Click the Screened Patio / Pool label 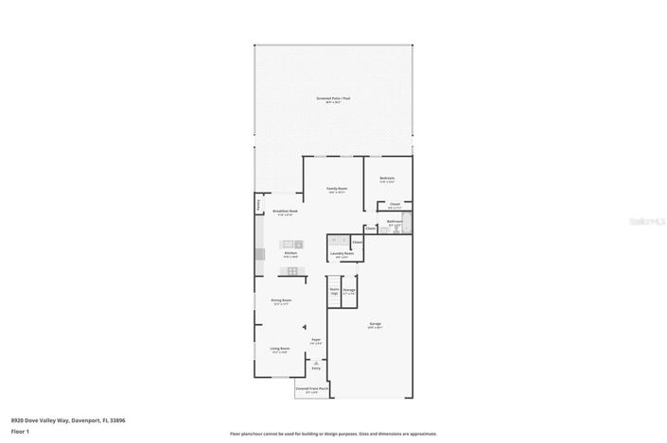pos(333,99)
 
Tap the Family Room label pos(338,189)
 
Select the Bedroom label pos(387,179)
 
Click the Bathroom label pos(395,222)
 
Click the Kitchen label pos(291,253)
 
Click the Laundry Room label pos(342,253)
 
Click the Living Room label pos(279,349)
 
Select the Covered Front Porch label pos(311,388)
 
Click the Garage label pos(375,325)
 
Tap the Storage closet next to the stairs pos(348,291)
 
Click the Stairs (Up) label pos(334,291)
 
